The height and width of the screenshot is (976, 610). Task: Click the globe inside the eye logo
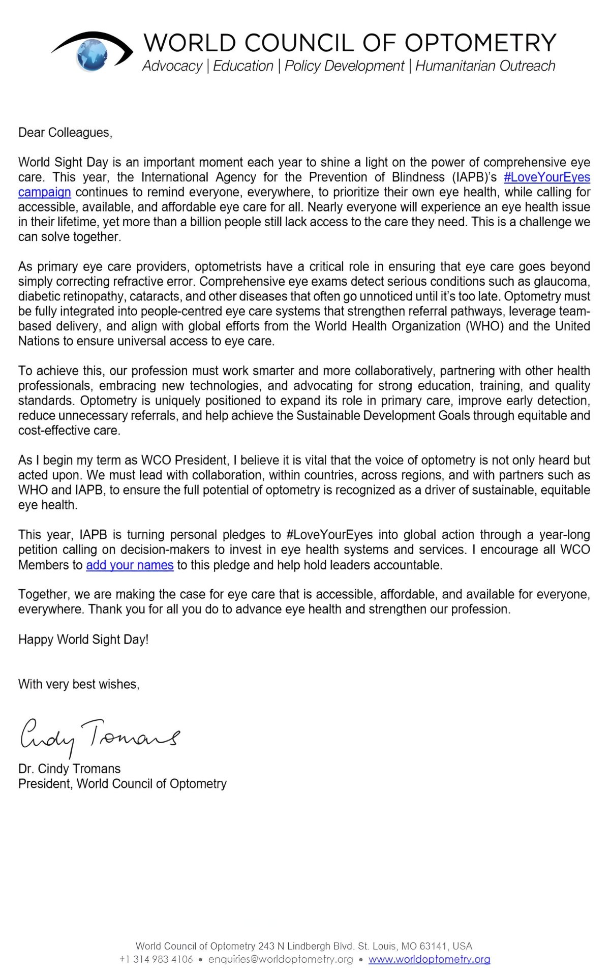(93, 54)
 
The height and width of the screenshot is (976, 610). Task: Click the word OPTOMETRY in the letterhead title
(480, 43)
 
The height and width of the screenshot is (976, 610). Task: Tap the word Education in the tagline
(243, 66)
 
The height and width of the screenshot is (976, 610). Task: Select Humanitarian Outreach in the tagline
(485, 66)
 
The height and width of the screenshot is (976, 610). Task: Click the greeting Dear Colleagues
(65, 133)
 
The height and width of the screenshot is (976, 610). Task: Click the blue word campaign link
(44, 192)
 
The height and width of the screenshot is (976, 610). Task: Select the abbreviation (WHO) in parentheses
(484, 326)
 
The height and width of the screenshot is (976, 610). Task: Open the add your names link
(130, 565)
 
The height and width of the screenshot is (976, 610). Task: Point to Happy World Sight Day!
(83, 639)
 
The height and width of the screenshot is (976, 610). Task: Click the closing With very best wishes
(79, 684)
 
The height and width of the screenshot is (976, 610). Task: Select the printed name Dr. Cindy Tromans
(69, 769)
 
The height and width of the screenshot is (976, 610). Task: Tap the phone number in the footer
(156, 959)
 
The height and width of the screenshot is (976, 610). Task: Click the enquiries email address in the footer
(281, 959)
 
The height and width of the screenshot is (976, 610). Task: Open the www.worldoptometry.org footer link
(429, 959)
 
